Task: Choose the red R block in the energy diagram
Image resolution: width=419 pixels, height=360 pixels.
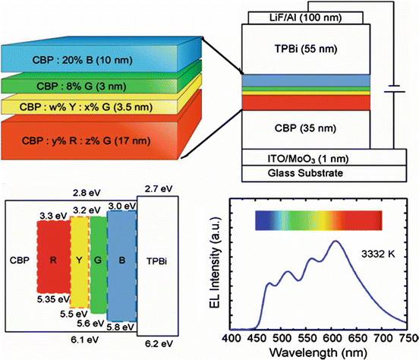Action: [x=52, y=263]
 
